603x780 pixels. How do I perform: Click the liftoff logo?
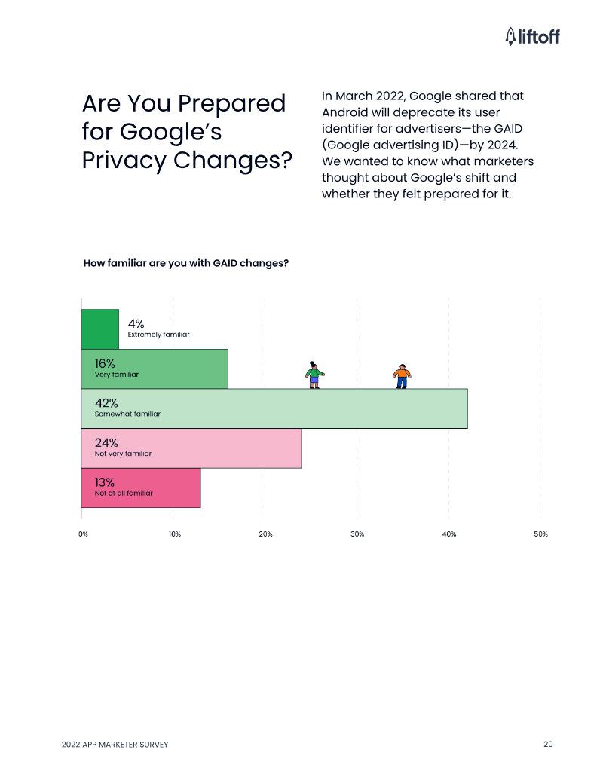(x=532, y=35)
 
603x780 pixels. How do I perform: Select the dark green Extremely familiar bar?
(x=99, y=329)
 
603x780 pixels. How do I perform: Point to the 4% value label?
(x=136, y=324)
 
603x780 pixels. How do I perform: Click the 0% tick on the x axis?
(x=83, y=534)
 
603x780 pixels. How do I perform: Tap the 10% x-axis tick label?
(x=174, y=534)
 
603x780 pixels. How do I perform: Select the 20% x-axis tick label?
(x=265, y=534)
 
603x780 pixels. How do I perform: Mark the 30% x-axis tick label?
(x=357, y=534)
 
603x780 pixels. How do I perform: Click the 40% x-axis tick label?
(x=449, y=534)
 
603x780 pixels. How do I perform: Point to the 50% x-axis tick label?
(x=540, y=534)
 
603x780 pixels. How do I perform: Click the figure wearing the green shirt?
(x=314, y=375)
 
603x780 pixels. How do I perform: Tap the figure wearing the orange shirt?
(x=403, y=375)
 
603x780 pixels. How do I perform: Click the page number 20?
(x=548, y=745)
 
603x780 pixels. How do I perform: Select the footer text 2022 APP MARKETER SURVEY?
(x=115, y=745)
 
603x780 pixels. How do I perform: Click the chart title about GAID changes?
(x=185, y=263)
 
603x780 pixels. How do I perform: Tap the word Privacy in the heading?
(x=123, y=160)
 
